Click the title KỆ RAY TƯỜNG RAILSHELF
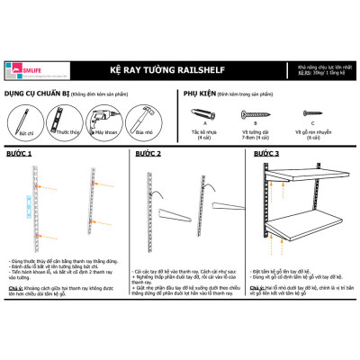(x=180, y=68)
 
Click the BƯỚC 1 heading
(x=17, y=154)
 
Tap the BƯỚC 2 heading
(x=149, y=154)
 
